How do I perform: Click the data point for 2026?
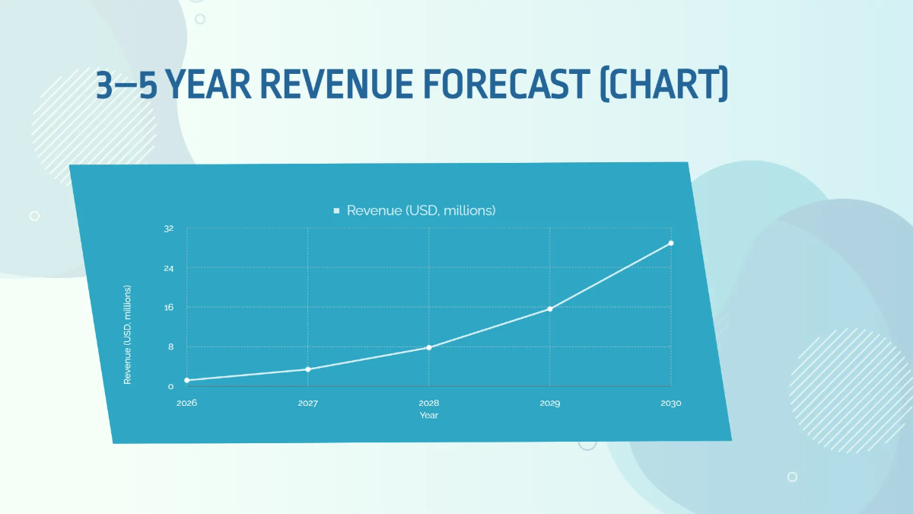coord(186,380)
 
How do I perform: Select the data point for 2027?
coord(307,369)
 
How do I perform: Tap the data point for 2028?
coord(429,347)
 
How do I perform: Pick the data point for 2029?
coord(550,308)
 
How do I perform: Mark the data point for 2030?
coord(671,243)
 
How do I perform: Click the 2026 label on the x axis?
coord(186,403)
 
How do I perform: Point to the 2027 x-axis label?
coord(307,403)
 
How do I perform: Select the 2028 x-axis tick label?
coord(429,403)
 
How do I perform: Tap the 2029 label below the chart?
coord(550,403)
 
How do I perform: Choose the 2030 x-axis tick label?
coord(671,403)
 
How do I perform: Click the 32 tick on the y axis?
coord(169,228)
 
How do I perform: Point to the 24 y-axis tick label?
coord(169,268)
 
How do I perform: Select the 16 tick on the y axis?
coord(169,308)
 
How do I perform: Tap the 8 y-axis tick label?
coord(170,347)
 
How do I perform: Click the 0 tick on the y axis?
coord(170,387)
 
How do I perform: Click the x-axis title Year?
coord(429,416)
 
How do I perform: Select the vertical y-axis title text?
coord(128,335)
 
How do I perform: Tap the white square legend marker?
coord(336,210)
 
